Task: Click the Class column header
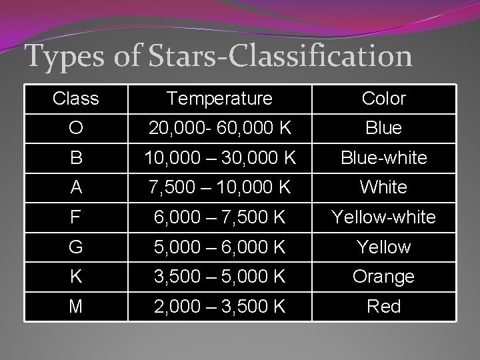click(75, 99)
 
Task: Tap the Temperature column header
click(219, 99)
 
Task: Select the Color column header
click(383, 99)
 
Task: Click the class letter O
click(75, 128)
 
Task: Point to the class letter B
click(75, 158)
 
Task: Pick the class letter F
click(75, 217)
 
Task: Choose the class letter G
click(75, 247)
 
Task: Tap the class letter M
click(75, 307)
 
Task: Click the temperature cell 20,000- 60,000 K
click(219, 128)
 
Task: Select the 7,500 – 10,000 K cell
click(219, 187)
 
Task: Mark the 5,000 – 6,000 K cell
click(219, 247)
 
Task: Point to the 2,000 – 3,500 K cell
click(219, 307)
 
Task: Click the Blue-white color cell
click(383, 158)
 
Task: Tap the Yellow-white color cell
click(383, 217)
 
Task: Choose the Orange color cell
click(383, 277)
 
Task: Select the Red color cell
click(383, 307)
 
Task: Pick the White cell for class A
click(383, 187)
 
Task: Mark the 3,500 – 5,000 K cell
click(219, 277)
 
